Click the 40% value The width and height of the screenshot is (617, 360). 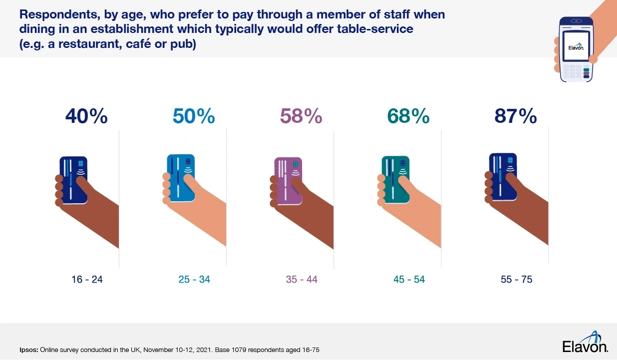[86, 116]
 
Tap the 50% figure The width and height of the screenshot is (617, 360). [194, 116]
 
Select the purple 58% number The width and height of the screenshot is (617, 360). [301, 116]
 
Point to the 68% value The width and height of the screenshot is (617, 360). [408, 116]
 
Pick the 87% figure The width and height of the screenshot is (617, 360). [516, 116]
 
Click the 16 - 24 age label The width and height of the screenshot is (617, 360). [87, 280]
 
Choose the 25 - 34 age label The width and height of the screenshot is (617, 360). [194, 280]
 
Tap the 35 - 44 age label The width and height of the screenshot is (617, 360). [302, 280]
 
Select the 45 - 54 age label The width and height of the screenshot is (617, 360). [409, 280]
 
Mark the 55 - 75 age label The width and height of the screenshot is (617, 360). [516, 280]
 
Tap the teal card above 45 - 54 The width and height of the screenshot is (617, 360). [396, 180]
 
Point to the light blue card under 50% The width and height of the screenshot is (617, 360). [181, 178]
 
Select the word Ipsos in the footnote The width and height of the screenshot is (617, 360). [28, 350]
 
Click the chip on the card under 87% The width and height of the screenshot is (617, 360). [511, 160]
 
